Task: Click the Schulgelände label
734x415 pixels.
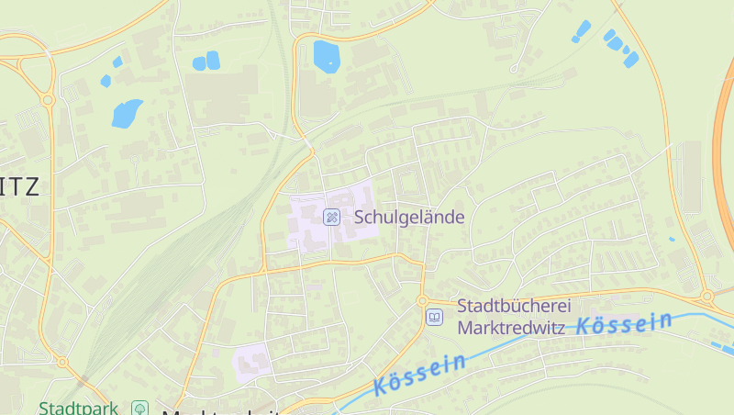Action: tap(409, 218)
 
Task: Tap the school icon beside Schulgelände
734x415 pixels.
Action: tap(332, 218)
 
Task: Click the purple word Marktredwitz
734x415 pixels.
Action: tap(513, 327)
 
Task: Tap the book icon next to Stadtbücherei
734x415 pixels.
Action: tap(434, 317)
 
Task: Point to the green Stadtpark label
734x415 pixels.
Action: tap(78, 408)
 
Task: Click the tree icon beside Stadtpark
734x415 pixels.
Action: tap(139, 408)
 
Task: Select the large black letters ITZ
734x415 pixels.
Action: tap(20, 188)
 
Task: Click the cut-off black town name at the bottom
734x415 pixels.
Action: tap(220, 409)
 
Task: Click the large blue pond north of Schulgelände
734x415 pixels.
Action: tap(326, 55)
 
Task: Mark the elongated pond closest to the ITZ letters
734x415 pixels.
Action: tap(127, 113)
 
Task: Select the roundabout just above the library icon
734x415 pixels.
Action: tap(422, 300)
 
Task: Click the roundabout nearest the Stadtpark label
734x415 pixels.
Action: tap(62, 363)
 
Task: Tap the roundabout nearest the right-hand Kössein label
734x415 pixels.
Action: tap(707, 297)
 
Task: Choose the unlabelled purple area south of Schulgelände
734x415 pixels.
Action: tap(252, 360)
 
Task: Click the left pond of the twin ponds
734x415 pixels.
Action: tap(199, 62)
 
